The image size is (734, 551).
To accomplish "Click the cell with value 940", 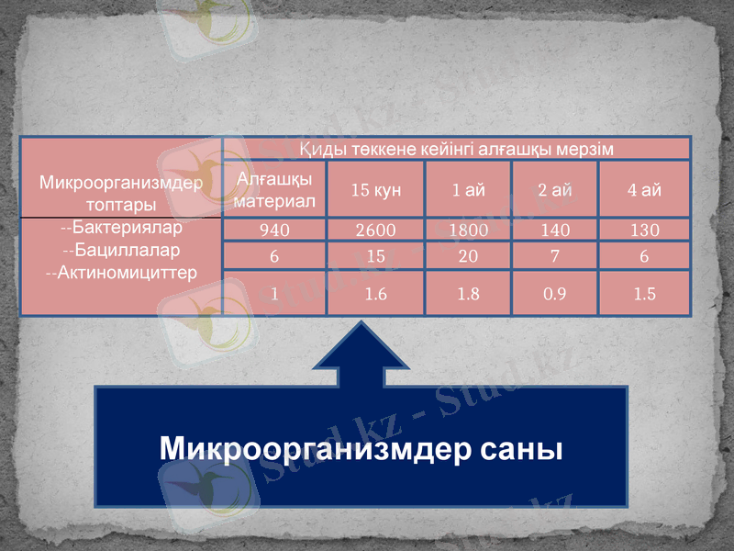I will click(274, 230).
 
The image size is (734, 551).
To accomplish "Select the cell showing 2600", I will click(375, 230).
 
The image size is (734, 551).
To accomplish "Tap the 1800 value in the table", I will click(468, 230).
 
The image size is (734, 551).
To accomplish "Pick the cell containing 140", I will click(554, 230).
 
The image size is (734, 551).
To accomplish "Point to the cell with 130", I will click(643, 230).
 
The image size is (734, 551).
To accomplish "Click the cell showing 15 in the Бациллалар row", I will click(375, 256).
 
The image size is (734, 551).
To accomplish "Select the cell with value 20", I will click(468, 256).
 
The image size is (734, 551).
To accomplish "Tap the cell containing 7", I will click(554, 256).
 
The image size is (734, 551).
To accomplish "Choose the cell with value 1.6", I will click(375, 294).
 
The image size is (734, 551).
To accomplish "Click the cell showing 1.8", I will click(468, 294).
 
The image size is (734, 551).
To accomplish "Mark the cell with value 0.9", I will click(554, 294).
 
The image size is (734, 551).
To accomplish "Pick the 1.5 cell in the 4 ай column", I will click(643, 294).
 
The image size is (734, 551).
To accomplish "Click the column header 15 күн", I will click(375, 190).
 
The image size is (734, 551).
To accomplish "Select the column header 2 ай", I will click(554, 190).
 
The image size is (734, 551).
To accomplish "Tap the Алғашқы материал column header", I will click(274, 189).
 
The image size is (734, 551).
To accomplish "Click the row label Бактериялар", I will click(121, 228).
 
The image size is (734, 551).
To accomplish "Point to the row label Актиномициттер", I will click(121, 272).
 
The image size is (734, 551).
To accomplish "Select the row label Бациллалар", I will click(121, 250).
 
